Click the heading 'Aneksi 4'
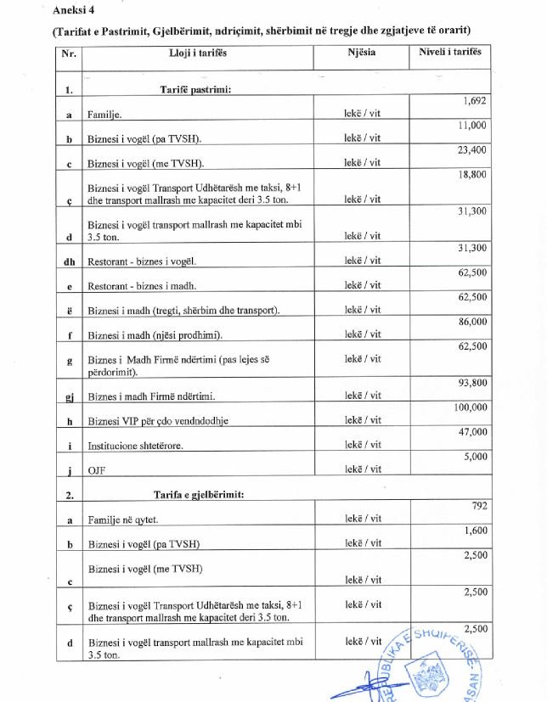[x=71, y=10]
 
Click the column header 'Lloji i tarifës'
[x=198, y=53]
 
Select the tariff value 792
[x=478, y=507]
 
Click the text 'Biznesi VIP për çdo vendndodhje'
[x=158, y=420]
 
